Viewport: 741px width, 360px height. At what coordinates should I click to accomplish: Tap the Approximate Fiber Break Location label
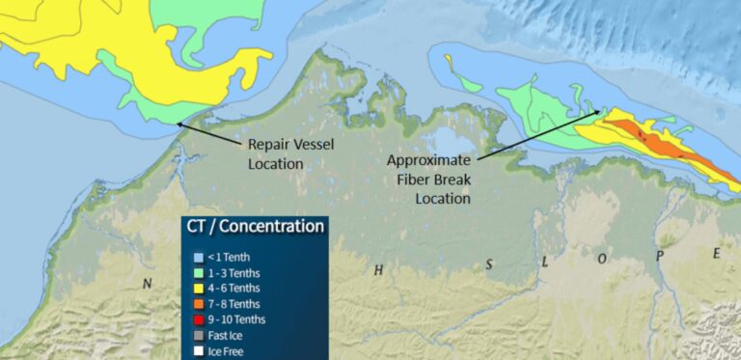(428, 179)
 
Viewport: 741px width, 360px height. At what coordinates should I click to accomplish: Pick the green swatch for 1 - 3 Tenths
(198, 272)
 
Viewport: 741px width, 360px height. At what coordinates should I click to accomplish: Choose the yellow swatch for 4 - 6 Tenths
(198, 288)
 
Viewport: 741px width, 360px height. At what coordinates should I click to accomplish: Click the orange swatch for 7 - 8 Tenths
(198, 304)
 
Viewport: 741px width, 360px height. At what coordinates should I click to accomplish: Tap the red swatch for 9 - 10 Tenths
(198, 319)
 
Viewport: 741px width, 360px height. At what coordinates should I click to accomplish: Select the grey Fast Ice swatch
(198, 336)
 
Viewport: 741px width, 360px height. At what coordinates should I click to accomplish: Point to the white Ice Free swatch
(198, 351)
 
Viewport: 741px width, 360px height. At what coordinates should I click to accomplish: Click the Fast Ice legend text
(227, 336)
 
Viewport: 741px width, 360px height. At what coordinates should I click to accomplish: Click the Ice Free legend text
(227, 351)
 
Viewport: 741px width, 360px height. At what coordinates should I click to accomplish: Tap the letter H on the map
(379, 271)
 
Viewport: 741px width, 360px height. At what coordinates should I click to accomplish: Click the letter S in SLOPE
(490, 264)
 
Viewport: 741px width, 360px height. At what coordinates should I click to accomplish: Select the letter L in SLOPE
(546, 262)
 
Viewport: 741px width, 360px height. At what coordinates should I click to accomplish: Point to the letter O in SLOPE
(602, 259)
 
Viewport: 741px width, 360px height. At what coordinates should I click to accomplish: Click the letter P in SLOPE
(660, 256)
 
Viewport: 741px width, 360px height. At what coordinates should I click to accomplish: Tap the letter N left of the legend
(148, 284)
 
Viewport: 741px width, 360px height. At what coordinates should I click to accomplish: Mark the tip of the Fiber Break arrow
(604, 111)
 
